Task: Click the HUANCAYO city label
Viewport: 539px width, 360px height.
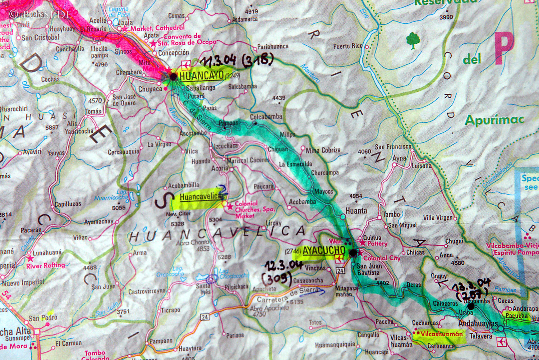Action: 201,76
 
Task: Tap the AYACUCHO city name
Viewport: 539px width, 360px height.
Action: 324,250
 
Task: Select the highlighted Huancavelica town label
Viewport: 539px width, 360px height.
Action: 200,197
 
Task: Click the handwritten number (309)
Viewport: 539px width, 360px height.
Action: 277,278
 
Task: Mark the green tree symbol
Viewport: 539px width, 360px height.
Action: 413,40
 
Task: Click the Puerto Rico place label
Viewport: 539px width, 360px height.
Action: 347,46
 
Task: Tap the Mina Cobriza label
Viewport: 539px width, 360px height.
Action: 323,150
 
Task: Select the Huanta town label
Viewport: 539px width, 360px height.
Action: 356,211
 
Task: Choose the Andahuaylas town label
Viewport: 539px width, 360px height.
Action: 478,324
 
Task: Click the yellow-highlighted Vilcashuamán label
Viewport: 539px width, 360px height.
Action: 442,334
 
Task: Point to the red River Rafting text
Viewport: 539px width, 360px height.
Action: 45,266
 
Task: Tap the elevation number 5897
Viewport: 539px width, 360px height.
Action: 51,127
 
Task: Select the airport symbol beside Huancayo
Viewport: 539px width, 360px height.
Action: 186,65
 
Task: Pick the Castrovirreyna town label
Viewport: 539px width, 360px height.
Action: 147,291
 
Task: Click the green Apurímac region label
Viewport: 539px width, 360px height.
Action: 494,120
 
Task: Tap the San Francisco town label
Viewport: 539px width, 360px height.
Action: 393,147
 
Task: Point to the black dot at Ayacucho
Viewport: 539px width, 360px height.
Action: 353,253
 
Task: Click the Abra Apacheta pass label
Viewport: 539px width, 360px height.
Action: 269,308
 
